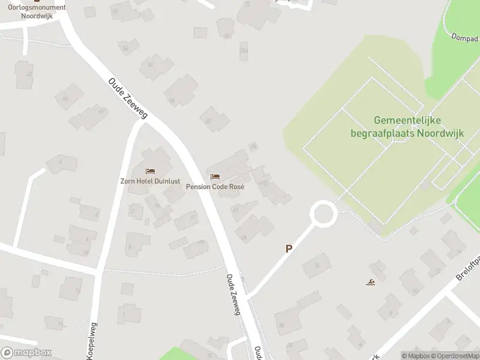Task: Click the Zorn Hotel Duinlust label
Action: pyautogui.click(x=149, y=181)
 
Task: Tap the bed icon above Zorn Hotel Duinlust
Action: pyautogui.click(x=149, y=172)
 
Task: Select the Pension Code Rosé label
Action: pyautogui.click(x=215, y=187)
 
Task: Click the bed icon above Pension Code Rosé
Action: pyautogui.click(x=215, y=177)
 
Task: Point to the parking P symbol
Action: pyautogui.click(x=289, y=248)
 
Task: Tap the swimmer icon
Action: pyautogui.click(x=371, y=283)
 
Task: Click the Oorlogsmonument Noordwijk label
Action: pyautogui.click(x=37, y=12)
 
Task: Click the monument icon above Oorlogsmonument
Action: pyautogui.click(x=37, y=1)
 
